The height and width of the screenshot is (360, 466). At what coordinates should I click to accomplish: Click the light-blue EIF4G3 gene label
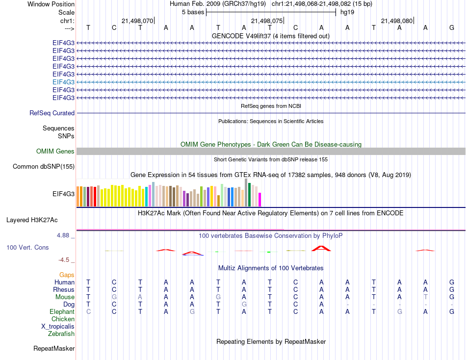coord(63,82)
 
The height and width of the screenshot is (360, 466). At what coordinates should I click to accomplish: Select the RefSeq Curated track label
coord(52,113)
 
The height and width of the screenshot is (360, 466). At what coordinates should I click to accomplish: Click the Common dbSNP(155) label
coord(43,167)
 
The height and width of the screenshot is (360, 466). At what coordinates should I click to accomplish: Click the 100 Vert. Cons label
coord(27,248)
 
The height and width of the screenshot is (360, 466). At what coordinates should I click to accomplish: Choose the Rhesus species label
coord(64,290)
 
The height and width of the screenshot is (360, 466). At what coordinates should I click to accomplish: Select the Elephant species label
coord(62,312)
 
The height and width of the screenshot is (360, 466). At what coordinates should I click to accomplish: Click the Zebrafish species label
coord(61,334)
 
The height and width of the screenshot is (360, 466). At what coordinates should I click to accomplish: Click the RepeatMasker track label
coord(54,349)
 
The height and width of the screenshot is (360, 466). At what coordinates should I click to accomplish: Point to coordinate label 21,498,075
coord(267,21)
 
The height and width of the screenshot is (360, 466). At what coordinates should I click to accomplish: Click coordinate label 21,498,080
coord(396,21)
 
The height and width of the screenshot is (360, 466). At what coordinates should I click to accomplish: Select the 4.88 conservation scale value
coord(64,235)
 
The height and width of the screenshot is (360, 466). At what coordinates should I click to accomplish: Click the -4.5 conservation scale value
coord(65,260)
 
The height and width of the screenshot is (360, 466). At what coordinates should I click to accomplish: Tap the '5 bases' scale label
coord(193,12)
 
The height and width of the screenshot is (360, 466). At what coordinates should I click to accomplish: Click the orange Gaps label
coord(67,275)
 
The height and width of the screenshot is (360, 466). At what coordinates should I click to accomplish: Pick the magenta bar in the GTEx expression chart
coord(259,200)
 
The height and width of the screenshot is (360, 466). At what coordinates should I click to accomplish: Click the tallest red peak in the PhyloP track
coord(321,248)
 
